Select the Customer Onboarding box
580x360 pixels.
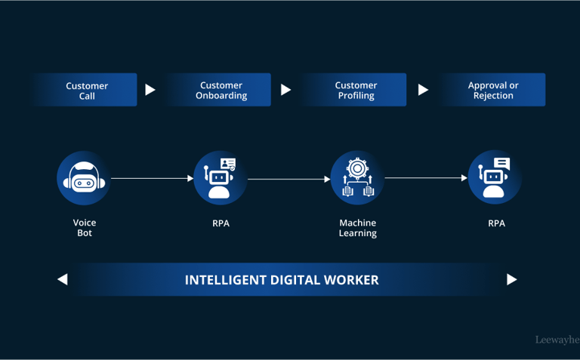click(x=221, y=91)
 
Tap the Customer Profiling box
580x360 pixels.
click(x=356, y=91)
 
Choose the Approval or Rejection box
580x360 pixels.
click(x=493, y=91)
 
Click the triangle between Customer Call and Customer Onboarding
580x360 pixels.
click(x=150, y=90)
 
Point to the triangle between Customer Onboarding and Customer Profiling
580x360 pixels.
click(x=285, y=90)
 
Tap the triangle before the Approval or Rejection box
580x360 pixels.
click(x=423, y=90)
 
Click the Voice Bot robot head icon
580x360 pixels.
click(x=84, y=178)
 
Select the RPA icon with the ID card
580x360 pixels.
click(x=220, y=178)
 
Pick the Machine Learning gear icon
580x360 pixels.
click(x=357, y=178)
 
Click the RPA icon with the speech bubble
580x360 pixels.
click(x=495, y=178)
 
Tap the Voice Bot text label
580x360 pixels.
click(x=85, y=228)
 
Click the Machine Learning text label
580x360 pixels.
click(x=358, y=228)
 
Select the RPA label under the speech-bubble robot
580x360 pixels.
click(x=496, y=223)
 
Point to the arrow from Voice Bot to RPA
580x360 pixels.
click(x=152, y=179)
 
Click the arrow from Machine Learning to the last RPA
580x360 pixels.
click(x=426, y=179)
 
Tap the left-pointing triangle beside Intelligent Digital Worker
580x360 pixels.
click(x=63, y=279)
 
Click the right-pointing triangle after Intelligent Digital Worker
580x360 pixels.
click(x=511, y=279)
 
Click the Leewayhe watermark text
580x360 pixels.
click(x=557, y=340)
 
